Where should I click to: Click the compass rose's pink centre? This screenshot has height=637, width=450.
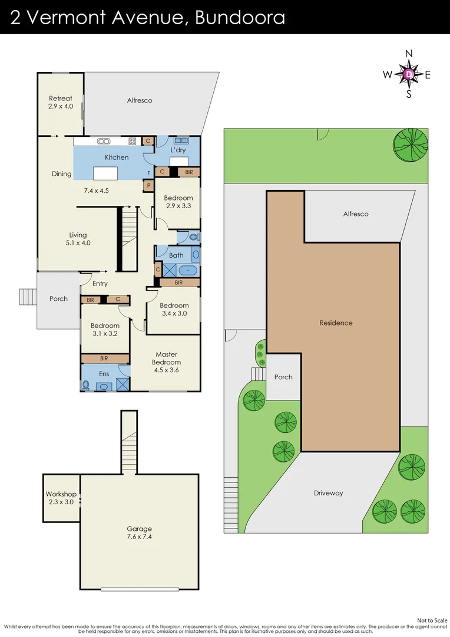pyautogui.click(x=409, y=74)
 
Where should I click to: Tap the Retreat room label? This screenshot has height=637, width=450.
pyautogui.click(x=61, y=102)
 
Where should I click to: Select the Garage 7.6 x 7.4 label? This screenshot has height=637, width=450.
pyautogui.click(x=140, y=533)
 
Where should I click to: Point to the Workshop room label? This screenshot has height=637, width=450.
pyautogui.click(x=61, y=498)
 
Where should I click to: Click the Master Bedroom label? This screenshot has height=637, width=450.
pyautogui.click(x=166, y=362)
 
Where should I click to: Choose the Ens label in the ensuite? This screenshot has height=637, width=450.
pyautogui.click(x=104, y=374)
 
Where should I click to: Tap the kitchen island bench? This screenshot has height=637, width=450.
pyautogui.click(x=105, y=173)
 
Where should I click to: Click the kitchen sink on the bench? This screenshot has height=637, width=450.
pyautogui.click(x=104, y=141)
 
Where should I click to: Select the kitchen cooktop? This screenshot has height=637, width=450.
pyautogui.click(x=133, y=141)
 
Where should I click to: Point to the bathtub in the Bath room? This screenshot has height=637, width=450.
pyautogui.click(x=188, y=270)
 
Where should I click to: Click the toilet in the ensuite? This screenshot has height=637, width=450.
pyautogui.click(x=86, y=386)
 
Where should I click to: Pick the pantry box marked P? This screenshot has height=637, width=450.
pyautogui.click(x=148, y=186)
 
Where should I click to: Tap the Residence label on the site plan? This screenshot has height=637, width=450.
pyautogui.click(x=336, y=323)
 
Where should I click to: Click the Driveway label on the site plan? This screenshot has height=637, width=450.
pyautogui.click(x=328, y=492)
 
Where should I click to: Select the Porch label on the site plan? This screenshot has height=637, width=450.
pyautogui.click(x=283, y=377)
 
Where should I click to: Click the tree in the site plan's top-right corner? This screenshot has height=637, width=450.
pyautogui.click(x=411, y=143)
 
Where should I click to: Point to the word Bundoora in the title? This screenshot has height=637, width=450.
pyautogui.click(x=240, y=17)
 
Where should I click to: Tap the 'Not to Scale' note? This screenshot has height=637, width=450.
pyautogui.click(x=432, y=620)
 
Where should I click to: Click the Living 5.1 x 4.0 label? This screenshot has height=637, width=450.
pyautogui.click(x=78, y=239)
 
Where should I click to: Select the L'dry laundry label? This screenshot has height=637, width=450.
pyautogui.click(x=178, y=150)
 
